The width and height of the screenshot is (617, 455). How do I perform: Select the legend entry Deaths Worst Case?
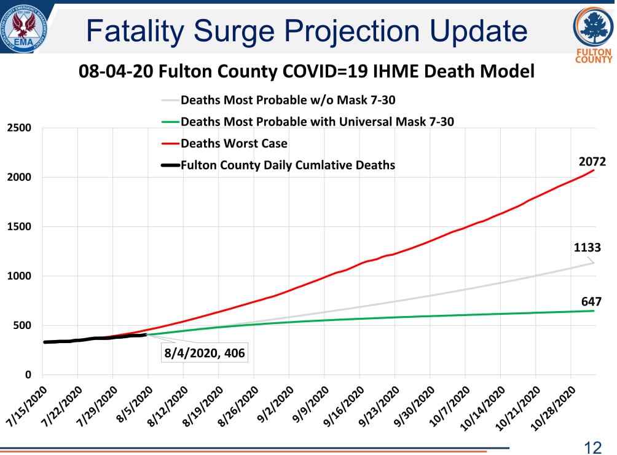tap(234, 143)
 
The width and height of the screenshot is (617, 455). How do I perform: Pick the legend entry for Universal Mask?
tap(317, 122)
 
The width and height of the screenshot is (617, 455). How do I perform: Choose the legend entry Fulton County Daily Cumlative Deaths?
tap(288, 165)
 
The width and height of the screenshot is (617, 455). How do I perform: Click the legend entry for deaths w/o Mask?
tap(288, 100)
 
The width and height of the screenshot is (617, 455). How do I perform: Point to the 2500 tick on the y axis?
tap(20, 128)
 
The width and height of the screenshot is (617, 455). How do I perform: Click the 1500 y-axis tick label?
tap(20, 227)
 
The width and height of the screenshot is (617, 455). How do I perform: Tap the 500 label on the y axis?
tap(23, 325)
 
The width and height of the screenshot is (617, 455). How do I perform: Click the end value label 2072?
tap(592, 162)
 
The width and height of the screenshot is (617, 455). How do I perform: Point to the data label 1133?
tap(587, 248)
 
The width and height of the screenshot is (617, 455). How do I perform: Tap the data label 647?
tap(591, 301)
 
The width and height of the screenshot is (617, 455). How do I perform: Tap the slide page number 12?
tap(593, 447)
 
